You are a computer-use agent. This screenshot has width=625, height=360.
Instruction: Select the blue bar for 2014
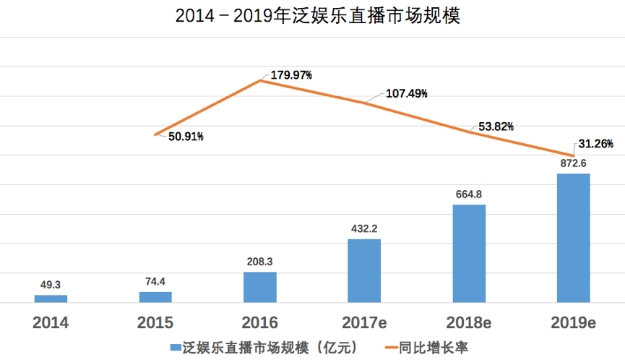(x=51, y=298)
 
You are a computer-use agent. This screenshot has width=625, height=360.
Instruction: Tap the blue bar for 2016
(x=260, y=287)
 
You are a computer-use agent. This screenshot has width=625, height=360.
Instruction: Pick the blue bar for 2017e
(x=364, y=270)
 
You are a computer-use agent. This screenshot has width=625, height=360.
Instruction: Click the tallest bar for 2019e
(x=574, y=238)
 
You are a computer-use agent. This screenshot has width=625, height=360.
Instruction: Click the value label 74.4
(x=155, y=282)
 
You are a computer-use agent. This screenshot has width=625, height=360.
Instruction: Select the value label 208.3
(x=260, y=262)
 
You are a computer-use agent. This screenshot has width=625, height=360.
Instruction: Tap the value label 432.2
(x=364, y=228)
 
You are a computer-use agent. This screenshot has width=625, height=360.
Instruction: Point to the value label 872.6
(x=574, y=163)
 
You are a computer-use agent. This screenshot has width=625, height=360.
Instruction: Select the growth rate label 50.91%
(x=186, y=136)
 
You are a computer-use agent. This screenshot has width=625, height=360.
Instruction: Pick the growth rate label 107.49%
(x=406, y=94)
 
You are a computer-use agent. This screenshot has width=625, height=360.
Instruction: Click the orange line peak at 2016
(x=260, y=80)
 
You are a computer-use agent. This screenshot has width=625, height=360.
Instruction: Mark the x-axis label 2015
(x=155, y=323)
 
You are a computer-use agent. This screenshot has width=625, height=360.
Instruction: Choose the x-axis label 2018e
(x=469, y=323)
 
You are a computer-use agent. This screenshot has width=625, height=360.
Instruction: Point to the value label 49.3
(x=51, y=285)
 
